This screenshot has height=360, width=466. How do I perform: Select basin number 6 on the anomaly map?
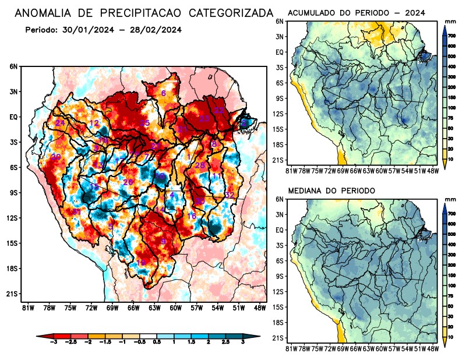tap(164, 93)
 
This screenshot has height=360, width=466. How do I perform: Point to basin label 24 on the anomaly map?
tap(60, 123)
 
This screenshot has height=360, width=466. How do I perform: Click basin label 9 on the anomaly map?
tap(164, 241)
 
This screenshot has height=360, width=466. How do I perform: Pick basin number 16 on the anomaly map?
tap(191, 216)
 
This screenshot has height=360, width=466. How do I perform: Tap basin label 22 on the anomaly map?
tap(219, 110)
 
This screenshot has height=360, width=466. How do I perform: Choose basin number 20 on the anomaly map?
tap(56, 157)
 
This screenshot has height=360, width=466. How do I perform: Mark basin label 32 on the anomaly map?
tap(230, 195)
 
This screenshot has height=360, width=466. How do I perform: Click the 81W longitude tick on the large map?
tap(27, 308)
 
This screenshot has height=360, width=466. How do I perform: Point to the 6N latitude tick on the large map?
tap(13, 66)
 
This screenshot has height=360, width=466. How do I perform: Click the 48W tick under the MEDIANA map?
tap(433, 348)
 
